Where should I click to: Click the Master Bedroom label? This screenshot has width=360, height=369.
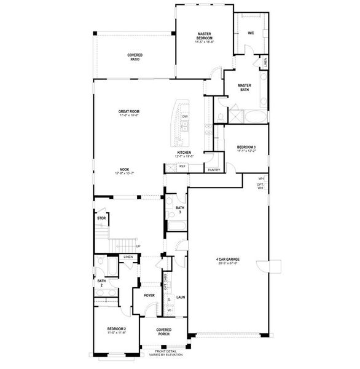click(205, 36)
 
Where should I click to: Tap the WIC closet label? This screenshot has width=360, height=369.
click(251, 33)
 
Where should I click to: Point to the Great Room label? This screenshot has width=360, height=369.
click(129, 113)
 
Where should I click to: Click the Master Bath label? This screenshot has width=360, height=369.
click(245, 88)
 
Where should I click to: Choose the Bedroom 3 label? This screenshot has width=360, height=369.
click(246, 148)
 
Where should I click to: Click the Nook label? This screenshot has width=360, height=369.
click(125, 170)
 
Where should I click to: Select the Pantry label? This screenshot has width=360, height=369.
click(214, 170)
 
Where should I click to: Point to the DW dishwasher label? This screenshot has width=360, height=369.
click(185, 116)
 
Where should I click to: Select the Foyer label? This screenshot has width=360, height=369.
click(149, 295)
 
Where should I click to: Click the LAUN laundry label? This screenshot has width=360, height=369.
click(181, 296)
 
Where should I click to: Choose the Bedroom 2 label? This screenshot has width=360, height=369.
click(116, 330)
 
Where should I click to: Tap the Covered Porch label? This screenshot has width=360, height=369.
click(163, 331)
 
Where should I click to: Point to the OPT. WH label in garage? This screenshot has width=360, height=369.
click(260, 186)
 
